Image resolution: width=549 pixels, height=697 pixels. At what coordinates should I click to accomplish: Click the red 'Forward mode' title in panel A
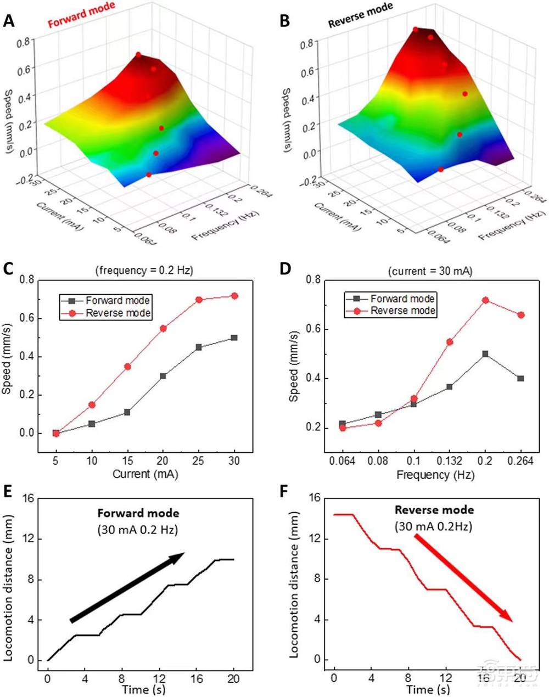point(81,15)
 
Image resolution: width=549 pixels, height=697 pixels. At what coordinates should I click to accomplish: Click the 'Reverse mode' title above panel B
point(360,15)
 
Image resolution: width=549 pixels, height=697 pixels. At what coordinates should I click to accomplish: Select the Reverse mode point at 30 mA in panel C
point(234,296)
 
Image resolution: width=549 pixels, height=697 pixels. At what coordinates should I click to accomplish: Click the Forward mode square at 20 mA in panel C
point(163,376)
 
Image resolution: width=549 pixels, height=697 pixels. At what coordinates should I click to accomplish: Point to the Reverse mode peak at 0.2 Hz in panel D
point(485,300)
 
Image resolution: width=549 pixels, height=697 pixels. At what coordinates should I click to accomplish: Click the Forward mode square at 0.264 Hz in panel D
point(520,379)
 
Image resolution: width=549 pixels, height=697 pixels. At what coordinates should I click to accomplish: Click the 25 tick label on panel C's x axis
point(199,460)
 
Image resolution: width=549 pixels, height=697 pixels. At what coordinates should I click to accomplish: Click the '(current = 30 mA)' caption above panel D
point(430,271)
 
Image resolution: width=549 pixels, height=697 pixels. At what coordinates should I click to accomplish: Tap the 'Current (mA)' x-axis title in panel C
point(145,474)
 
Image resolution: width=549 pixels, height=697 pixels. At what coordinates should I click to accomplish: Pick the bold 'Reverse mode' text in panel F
point(434,510)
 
